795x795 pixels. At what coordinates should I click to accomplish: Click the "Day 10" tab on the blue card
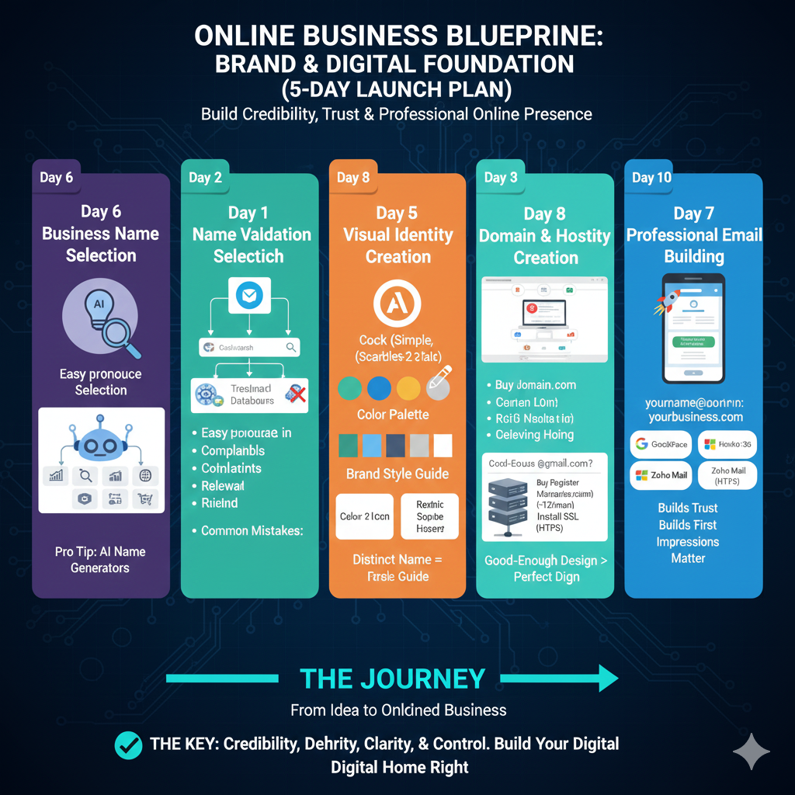(651, 178)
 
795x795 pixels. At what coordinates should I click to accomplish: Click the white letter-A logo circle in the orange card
(397, 304)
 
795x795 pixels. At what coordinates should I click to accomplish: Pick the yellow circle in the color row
(408, 387)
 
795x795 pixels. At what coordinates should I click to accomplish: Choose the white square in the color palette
(443, 446)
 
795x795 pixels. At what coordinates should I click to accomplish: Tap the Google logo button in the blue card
(661, 444)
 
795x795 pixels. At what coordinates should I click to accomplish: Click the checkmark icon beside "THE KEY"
(128, 745)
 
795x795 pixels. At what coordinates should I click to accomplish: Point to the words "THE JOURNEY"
(392, 679)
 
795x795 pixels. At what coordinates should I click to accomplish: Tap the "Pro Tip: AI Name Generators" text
(100, 560)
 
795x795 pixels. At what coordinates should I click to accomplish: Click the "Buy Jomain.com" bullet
(536, 385)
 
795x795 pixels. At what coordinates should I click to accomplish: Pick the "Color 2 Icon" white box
(365, 516)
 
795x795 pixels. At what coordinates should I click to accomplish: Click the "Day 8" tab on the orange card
(353, 178)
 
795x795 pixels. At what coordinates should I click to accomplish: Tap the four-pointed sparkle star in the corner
(752, 751)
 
